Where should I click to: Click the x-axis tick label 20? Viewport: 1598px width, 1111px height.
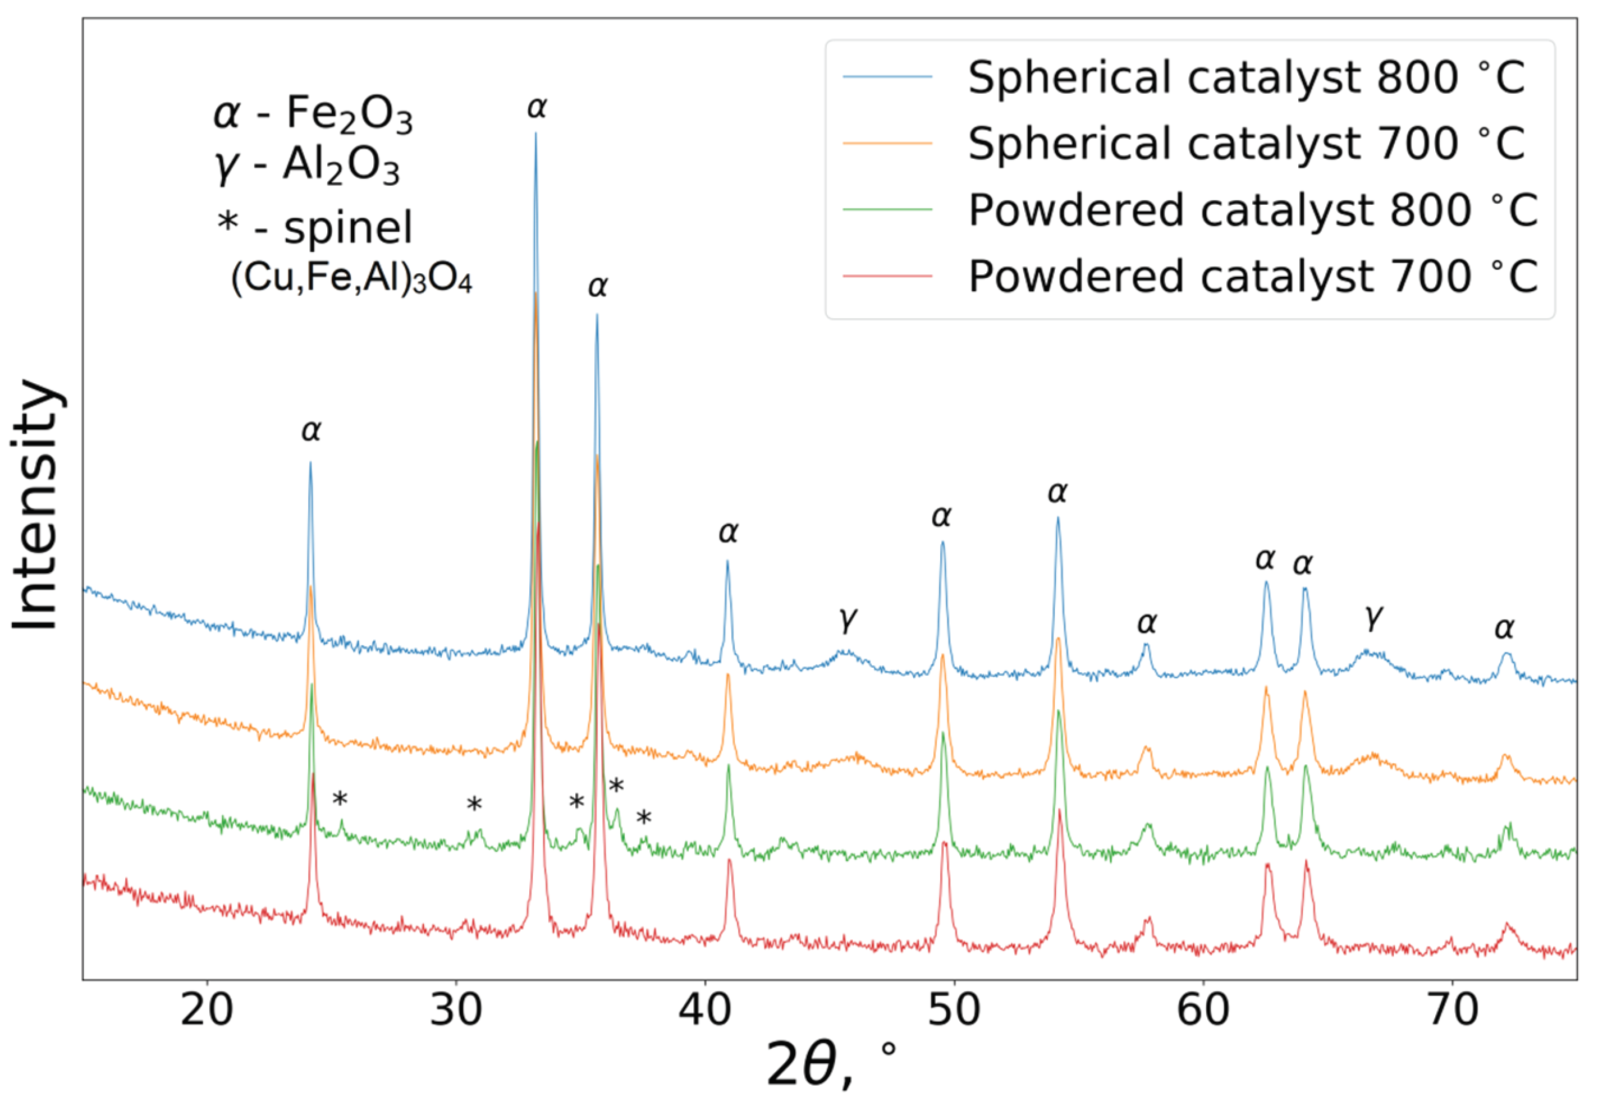pos(206,1011)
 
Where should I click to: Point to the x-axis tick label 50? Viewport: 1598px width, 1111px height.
pos(954,1011)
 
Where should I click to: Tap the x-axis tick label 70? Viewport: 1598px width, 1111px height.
pos(1453,1011)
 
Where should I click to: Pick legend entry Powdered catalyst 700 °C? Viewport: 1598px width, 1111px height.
pos(1253,276)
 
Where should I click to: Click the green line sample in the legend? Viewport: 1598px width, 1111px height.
pos(887,209)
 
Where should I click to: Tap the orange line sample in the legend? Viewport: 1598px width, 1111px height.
pos(887,143)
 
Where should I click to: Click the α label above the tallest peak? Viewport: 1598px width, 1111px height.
pos(537,108)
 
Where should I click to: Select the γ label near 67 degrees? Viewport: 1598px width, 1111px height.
pos(1373,616)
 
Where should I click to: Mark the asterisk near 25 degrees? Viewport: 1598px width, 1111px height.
pos(340,800)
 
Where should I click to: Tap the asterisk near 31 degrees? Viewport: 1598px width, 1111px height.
pos(474,805)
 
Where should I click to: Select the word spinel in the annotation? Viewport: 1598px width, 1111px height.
pos(348,228)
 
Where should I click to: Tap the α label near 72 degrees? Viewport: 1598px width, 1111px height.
pos(1504,628)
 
